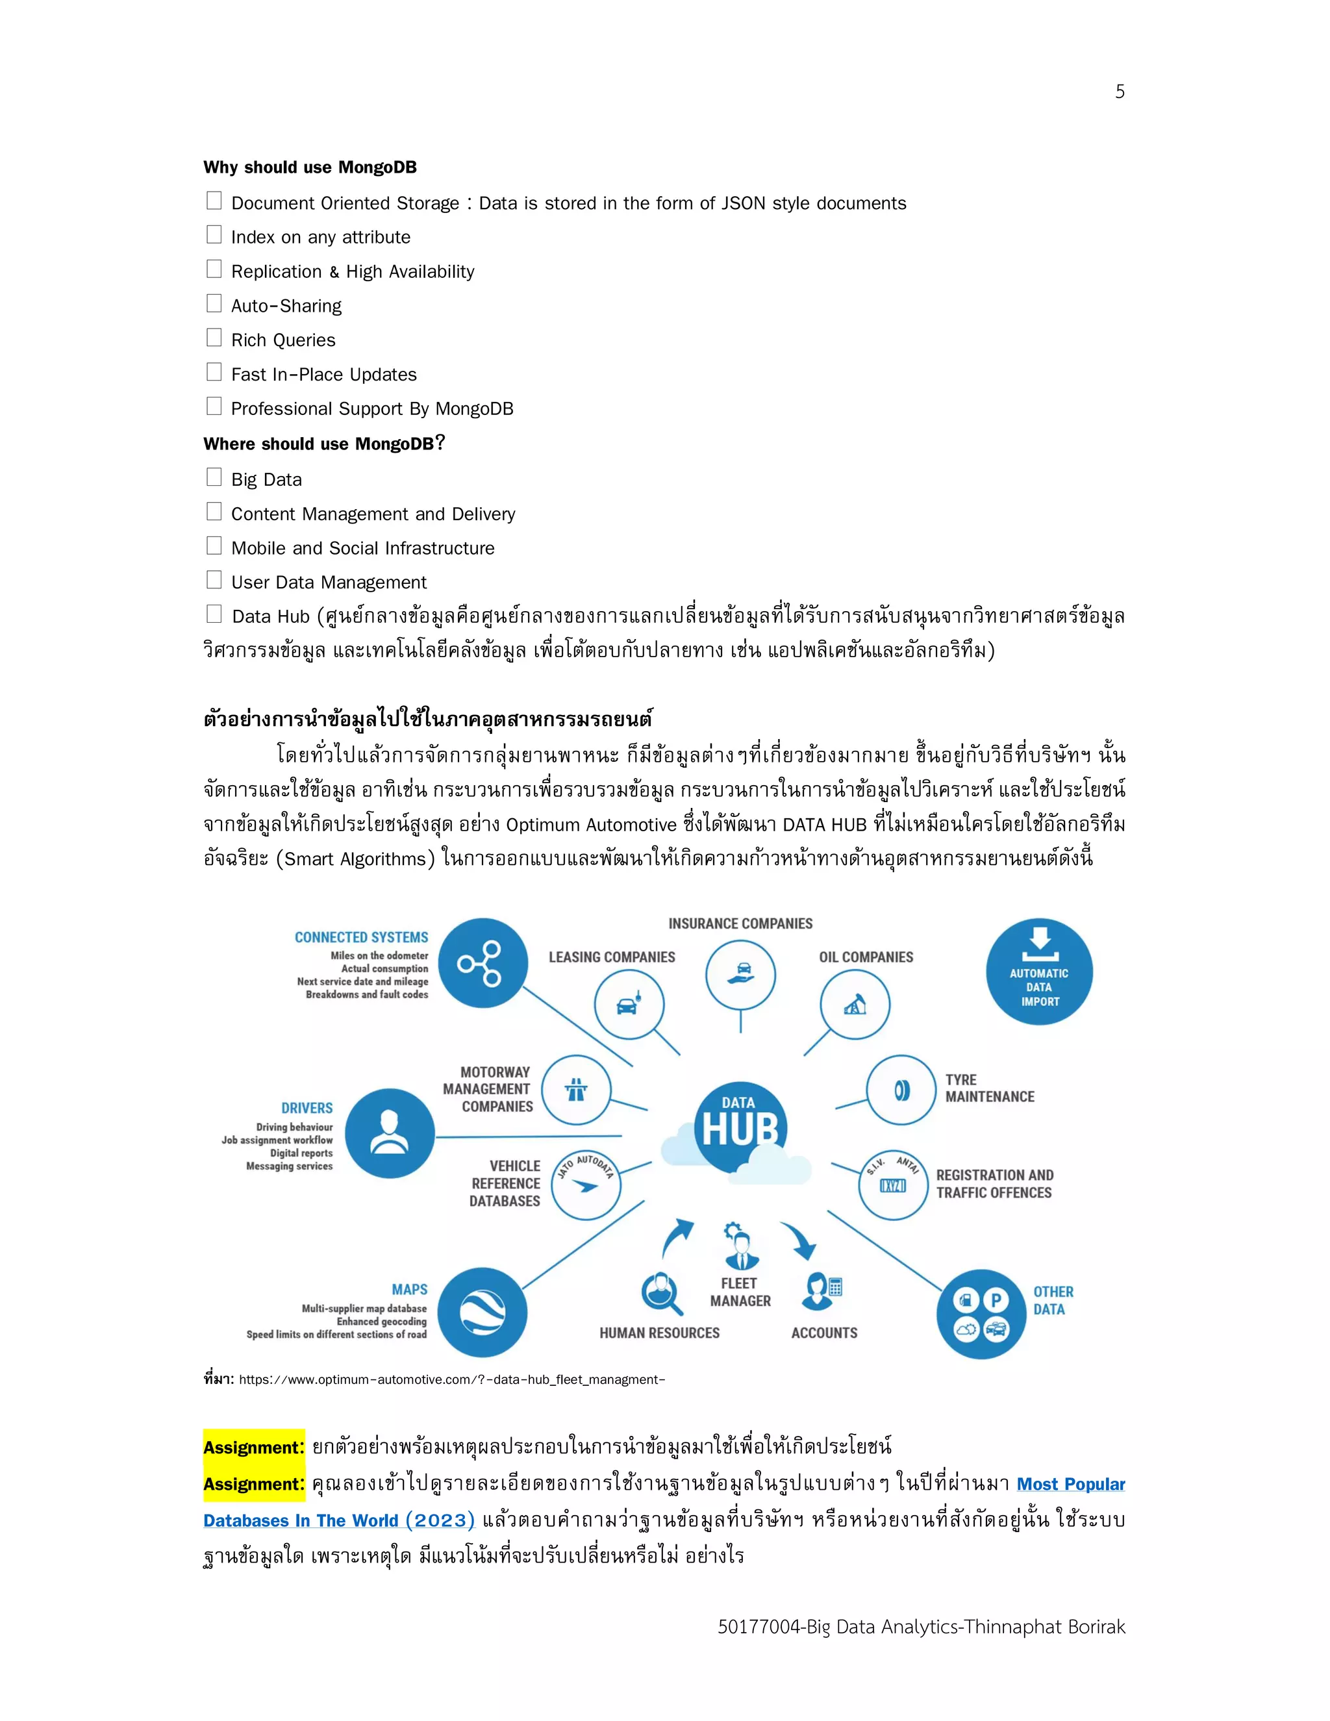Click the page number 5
coord(1119,92)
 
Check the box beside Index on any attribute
coord(214,235)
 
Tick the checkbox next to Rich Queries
coord(214,338)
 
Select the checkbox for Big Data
coord(214,477)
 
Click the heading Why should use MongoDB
coord(310,167)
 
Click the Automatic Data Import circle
coord(1038,972)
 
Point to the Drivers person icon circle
coord(389,1133)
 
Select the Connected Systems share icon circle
coord(483,963)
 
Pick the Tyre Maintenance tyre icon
coord(901,1090)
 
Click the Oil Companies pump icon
coord(855,1005)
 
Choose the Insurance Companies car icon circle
coord(740,975)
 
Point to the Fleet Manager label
coord(740,1292)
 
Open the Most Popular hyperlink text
coord(1070,1484)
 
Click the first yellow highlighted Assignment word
coord(253,1448)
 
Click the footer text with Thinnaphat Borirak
coord(921,1626)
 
